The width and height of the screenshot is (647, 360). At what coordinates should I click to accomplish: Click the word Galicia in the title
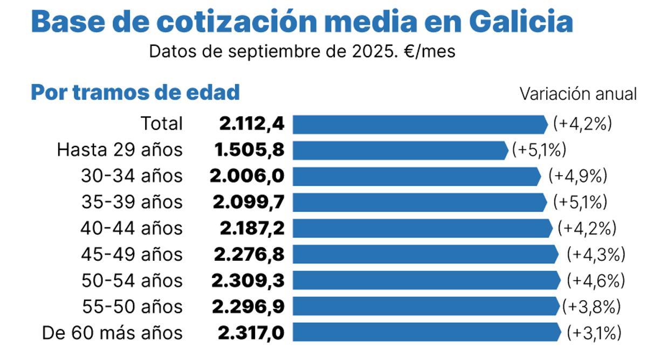[520, 22]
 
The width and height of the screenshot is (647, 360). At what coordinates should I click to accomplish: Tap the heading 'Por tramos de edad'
[135, 92]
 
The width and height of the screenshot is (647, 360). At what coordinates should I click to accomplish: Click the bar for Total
[420, 123]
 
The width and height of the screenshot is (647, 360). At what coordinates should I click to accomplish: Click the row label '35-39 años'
[132, 202]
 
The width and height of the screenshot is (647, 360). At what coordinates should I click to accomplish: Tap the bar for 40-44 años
[422, 229]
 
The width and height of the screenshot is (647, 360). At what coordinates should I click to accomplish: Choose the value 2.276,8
[249, 254]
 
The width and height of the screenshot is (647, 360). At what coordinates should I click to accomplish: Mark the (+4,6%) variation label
[596, 281]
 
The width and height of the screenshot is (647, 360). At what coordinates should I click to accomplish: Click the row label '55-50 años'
[132, 307]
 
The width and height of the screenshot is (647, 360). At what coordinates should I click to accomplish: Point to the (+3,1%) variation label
[594, 333]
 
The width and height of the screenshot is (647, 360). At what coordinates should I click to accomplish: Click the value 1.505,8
[249, 150]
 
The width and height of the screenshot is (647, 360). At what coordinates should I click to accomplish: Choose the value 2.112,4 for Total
[251, 123]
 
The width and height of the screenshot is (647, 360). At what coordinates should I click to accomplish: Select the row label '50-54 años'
[132, 281]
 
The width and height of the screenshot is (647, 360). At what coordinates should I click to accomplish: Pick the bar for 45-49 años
[425, 254]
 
